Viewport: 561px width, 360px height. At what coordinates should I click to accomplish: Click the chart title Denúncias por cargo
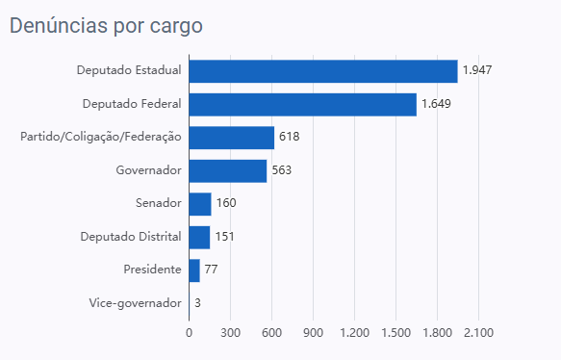click(x=106, y=26)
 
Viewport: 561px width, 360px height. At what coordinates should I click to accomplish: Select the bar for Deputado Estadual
click(x=323, y=71)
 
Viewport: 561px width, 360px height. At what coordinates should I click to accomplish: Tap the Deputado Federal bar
click(x=303, y=105)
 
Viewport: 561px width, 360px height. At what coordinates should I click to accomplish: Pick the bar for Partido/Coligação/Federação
click(x=232, y=138)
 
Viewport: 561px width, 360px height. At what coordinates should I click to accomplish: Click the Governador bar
click(x=228, y=171)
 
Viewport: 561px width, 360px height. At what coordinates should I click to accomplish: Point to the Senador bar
click(x=200, y=204)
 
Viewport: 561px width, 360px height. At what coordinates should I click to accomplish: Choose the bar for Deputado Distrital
click(x=199, y=237)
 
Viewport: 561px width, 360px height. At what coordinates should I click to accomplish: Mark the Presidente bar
click(x=194, y=270)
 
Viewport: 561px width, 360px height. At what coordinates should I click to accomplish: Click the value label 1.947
click(x=477, y=70)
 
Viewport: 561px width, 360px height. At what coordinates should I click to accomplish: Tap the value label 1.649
click(x=436, y=104)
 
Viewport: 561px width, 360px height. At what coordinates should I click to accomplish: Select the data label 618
click(x=289, y=137)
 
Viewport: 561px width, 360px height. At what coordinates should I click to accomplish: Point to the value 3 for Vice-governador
click(x=197, y=303)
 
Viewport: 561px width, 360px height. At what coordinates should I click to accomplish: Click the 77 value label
click(x=211, y=270)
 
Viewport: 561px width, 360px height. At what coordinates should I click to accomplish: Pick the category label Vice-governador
click(x=136, y=303)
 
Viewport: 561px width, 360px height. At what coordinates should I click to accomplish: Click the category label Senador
click(x=159, y=203)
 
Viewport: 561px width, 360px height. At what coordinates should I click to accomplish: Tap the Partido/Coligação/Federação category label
click(x=101, y=137)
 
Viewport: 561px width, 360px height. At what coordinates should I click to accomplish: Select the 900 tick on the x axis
click(x=313, y=333)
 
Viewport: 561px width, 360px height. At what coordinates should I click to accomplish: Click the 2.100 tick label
click(x=478, y=333)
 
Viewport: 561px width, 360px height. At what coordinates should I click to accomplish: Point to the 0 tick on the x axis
click(x=189, y=333)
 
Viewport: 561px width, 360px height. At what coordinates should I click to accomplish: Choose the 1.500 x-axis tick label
click(x=395, y=333)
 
